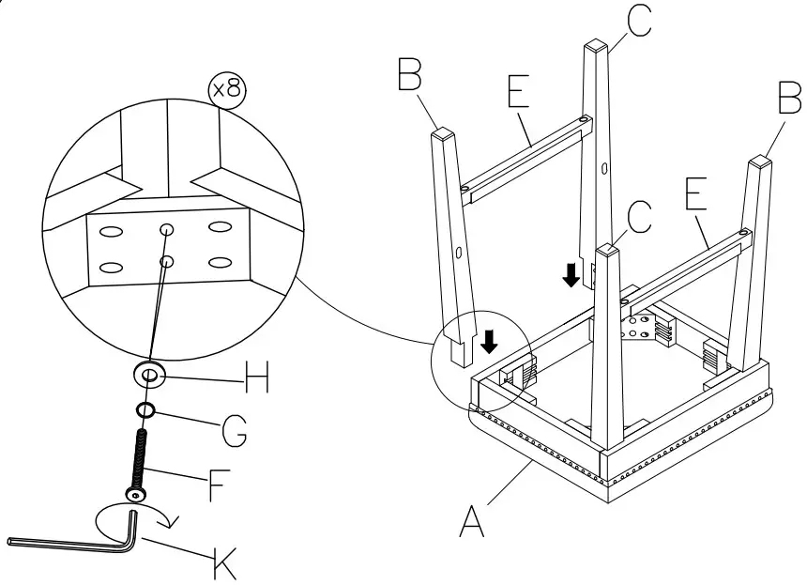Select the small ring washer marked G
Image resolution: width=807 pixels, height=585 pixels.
click(x=145, y=410)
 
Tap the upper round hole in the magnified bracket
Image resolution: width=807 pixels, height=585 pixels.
click(x=166, y=228)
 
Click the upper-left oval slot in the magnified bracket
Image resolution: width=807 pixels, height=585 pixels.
click(x=111, y=230)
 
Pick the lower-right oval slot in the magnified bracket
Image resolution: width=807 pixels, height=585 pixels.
click(x=221, y=262)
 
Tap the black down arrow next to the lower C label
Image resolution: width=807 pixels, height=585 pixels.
click(x=570, y=275)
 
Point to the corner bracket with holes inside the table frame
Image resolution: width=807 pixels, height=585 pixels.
click(x=641, y=330)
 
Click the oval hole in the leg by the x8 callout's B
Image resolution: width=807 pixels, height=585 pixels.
click(x=458, y=254)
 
